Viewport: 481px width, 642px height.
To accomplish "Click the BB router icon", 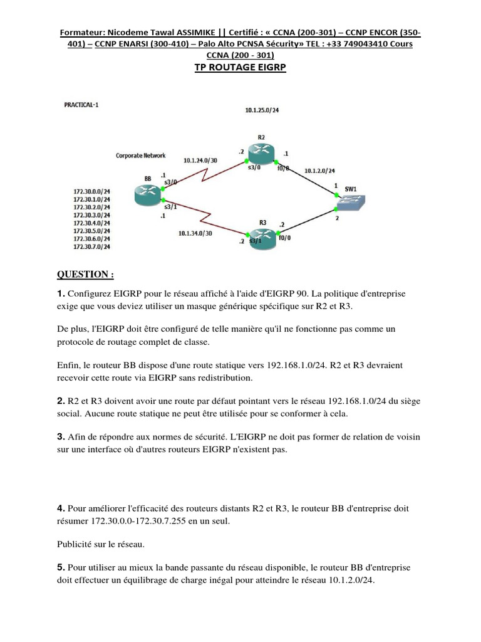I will coord(148,195).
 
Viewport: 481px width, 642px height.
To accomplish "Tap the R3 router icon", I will coord(262,236).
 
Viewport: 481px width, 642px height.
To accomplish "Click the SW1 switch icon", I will coord(351,201).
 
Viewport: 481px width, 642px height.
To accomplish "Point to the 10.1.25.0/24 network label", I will coord(261,110).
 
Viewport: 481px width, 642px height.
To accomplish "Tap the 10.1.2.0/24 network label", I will coord(320,170).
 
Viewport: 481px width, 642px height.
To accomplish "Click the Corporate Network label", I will coord(141,155).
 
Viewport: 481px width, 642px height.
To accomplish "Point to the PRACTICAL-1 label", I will coord(81,105).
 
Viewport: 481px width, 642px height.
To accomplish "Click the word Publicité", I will coord(76,544).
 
